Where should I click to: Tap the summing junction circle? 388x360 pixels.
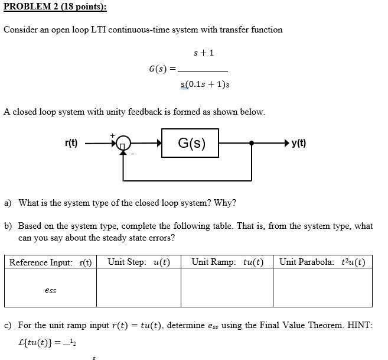tap(123, 144)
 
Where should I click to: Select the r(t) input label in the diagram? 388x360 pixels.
tap(71, 143)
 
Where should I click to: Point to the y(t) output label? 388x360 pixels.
tap(299, 143)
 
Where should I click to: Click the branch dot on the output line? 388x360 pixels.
tap(252, 144)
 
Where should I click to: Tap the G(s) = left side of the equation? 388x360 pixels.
tap(162, 69)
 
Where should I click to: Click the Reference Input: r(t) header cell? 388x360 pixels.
tap(50, 262)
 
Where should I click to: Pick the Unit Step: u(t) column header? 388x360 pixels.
tap(139, 262)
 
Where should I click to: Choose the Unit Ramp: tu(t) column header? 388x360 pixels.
tap(227, 262)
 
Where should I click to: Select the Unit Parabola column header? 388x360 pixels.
tap(322, 262)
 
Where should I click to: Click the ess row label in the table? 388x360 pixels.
tap(50, 290)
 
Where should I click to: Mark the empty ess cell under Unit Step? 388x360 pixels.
tap(139, 288)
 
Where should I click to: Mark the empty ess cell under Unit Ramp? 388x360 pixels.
tap(227, 288)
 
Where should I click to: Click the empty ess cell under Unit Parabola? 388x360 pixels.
tap(322, 288)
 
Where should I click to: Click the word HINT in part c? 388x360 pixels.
tap(359, 325)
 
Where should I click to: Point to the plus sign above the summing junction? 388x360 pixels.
tap(112, 135)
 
